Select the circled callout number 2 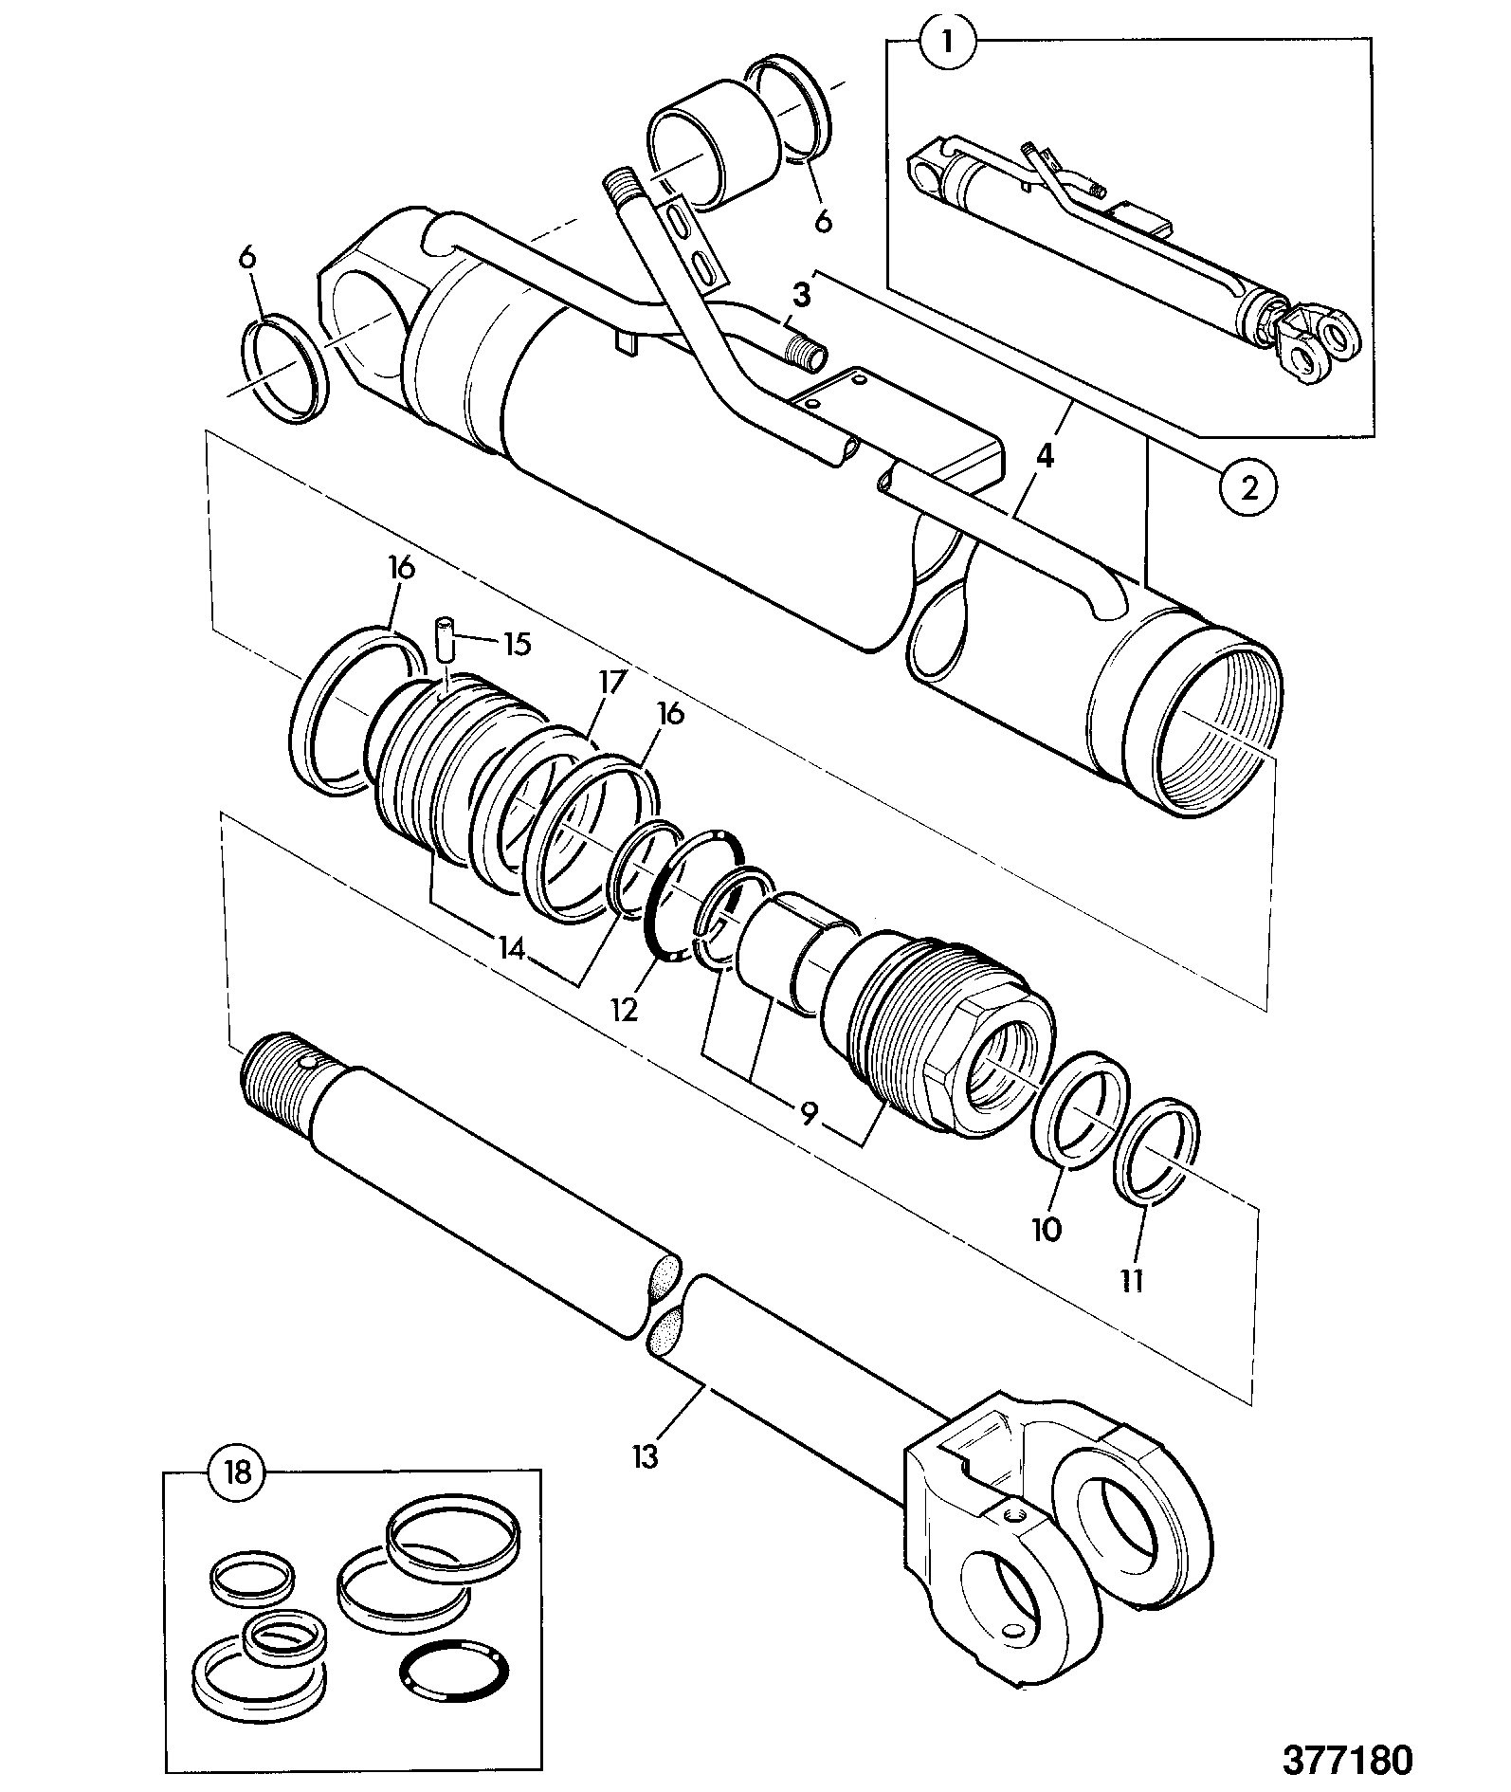(x=1249, y=488)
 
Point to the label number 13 (x=646, y=1455)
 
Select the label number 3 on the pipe (x=802, y=296)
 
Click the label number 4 (x=1044, y=456)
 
